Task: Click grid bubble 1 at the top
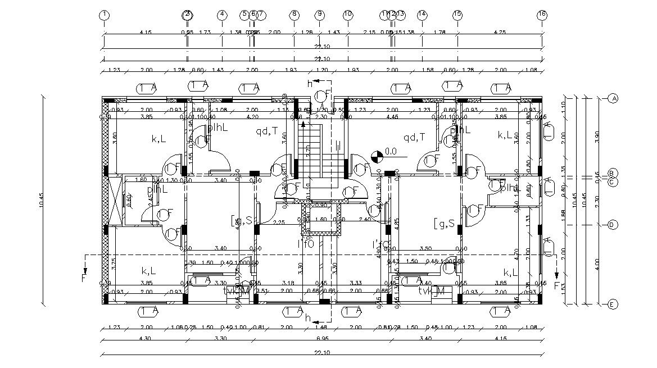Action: pyautogui.click(x=104, y=15)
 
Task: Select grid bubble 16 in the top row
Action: pyautogui.click(x=542, y=15)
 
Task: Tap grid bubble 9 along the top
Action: pyautogui.click(x=319, y=15)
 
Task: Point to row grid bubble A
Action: pyautogui.click(x=613, y=98)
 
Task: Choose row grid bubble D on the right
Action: pyautogui.click(x=613, y=225)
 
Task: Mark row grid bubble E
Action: pyautogui.click(x=613, y=305)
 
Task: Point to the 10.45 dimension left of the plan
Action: pyautogui.click(x=43, y=201)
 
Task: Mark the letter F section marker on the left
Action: pyautogui.click(x=84, y=277)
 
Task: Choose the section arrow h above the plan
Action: pyautogui.click(x=309, y=84)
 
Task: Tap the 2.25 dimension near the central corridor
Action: pyautogui.click(x=278, y=222)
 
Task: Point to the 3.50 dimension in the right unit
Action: pyautogui.click(x=426, y=248)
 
